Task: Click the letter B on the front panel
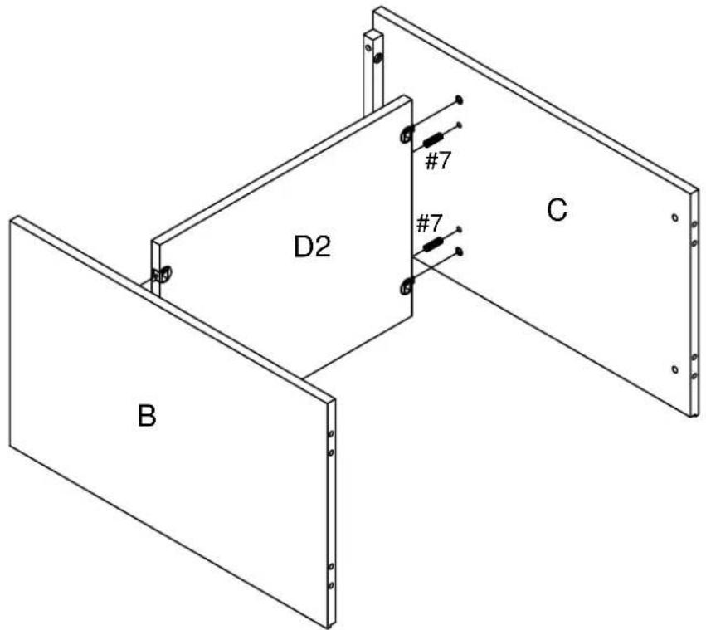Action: [x=147, y=416]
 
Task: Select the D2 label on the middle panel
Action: [x=312, y=247]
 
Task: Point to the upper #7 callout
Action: [x=438, y=160]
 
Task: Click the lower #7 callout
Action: [x=430, y=223]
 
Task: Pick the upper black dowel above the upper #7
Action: [x=433, y=139]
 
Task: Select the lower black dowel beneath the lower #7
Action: [x=434, y=244]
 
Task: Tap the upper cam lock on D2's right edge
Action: [x=407, y=134]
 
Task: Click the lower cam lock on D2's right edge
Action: [x=407, y=286]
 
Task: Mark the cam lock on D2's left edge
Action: [x=163, y=274]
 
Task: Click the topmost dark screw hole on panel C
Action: [x=459, y=100]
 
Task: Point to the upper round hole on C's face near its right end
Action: [x=674, y=217]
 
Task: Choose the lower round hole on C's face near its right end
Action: [x=674, y=369]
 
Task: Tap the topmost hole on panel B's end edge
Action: [x=331, y=434]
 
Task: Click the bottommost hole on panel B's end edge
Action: [x=331, y=585]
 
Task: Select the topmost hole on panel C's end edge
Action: [x=694, y=224]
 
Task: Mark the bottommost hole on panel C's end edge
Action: [x=694, y=375]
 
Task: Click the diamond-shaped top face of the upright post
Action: [x=373, y=34]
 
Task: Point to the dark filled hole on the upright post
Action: [x=378, y=57]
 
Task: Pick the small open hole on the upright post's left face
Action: [x=368, y=47]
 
